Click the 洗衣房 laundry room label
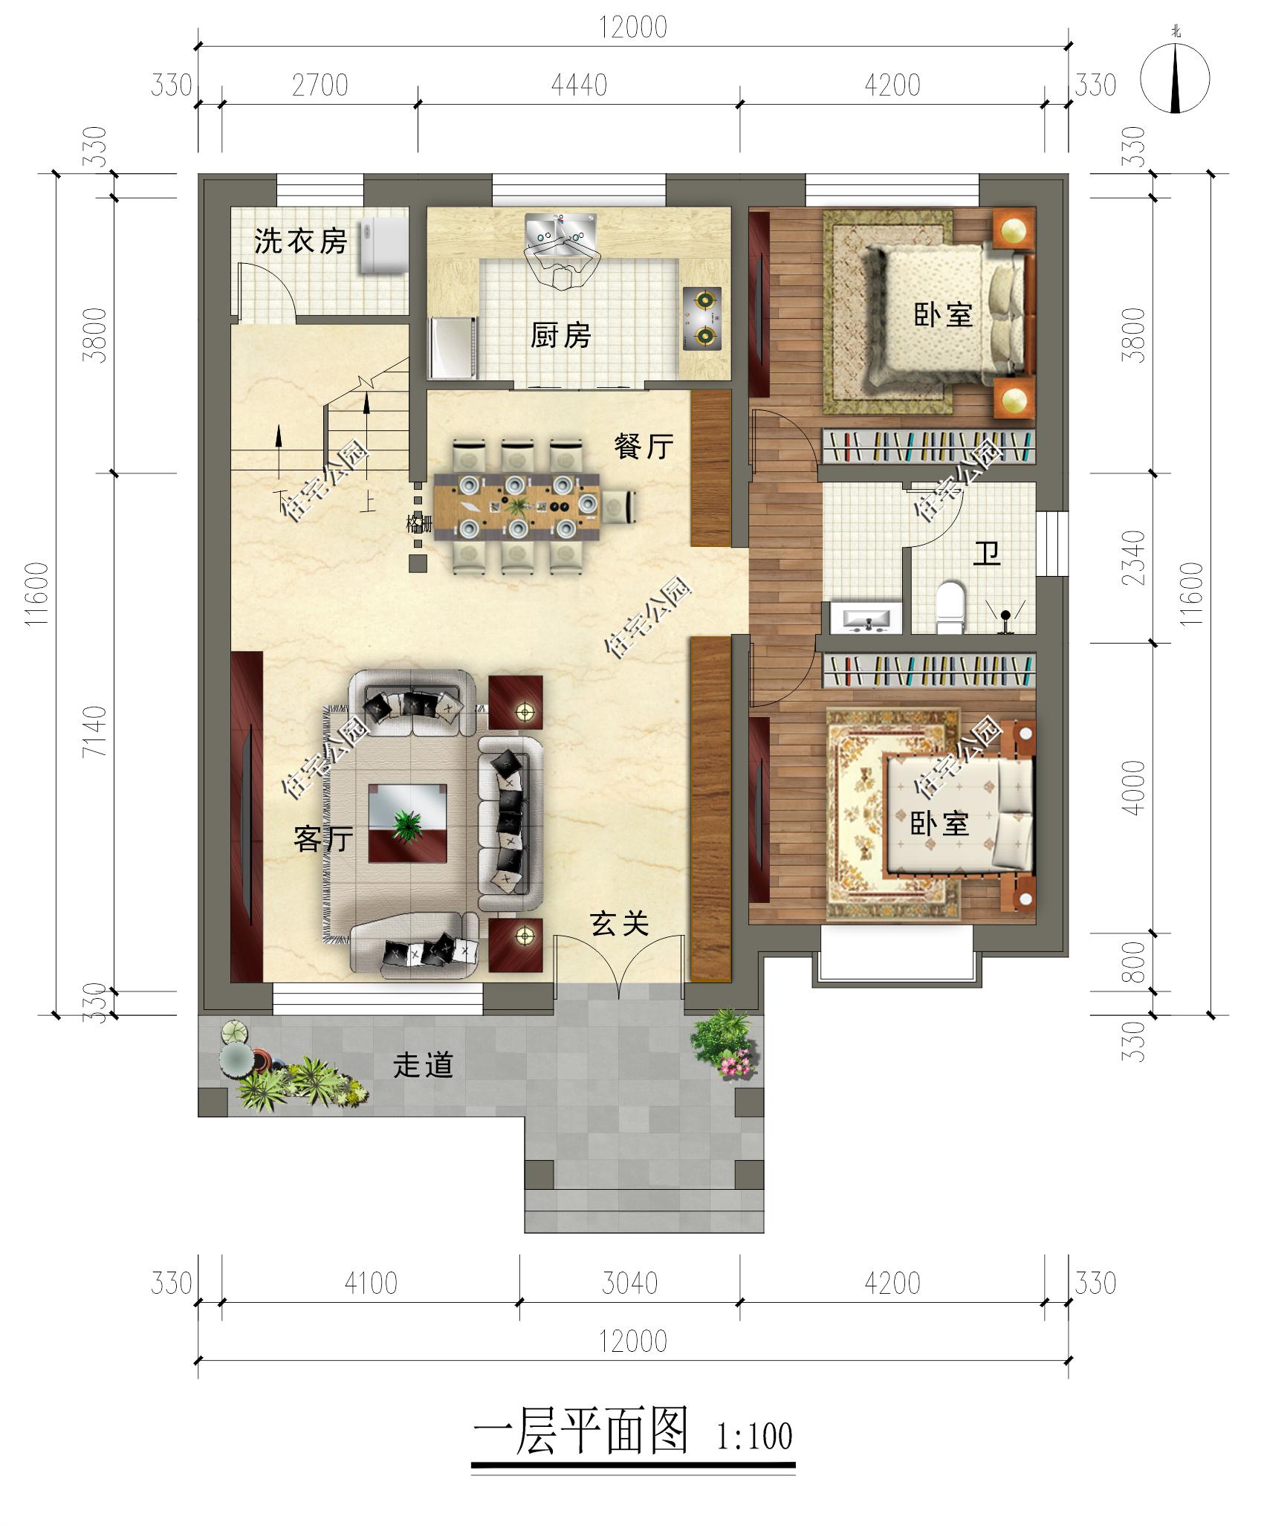(300, 241)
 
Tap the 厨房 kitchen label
(560, 335)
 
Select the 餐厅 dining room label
(644, 446)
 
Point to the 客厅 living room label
(323, 839)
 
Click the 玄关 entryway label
(620, 924)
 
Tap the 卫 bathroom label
(987, 553)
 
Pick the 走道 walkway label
(423, 1065)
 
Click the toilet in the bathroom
(950, 608)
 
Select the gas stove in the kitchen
(702, 319)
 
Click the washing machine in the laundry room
(384, 247)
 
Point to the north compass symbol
(1175, 79)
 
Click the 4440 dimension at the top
(579, 85)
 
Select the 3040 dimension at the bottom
(629, 1283)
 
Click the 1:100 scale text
(754, 1437)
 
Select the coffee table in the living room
(408, 823)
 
